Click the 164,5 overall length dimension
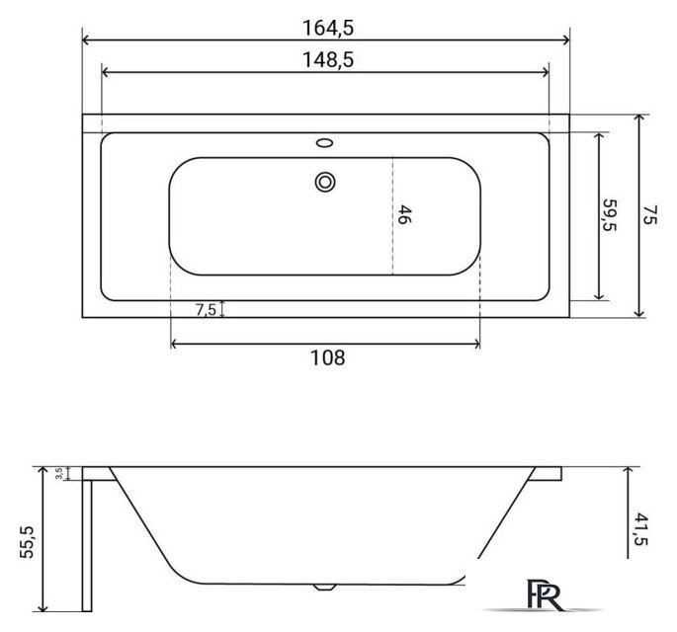click(x=325, y=23)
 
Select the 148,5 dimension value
click(x=325, y=60)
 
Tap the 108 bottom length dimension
click(x=326, y=358)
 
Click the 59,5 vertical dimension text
click(x=610, y=215)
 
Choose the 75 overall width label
click(x=649, y=215)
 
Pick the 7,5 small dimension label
click(x=207, y=309)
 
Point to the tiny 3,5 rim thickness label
click(x=59, y=474)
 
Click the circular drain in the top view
click(x=325, y=182)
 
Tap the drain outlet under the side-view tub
click(x=322, y=587)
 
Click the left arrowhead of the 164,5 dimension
click(x=85, y=40)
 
